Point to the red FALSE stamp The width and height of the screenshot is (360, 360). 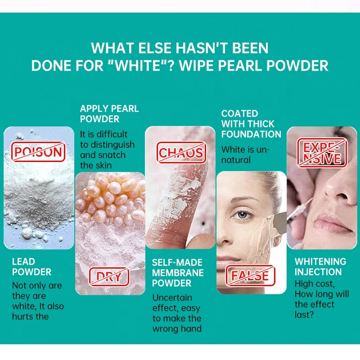251,275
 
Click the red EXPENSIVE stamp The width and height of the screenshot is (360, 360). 322,153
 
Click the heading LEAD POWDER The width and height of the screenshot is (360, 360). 31,267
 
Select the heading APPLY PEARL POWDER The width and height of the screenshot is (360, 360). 109,114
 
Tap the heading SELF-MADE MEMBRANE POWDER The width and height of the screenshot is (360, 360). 178,273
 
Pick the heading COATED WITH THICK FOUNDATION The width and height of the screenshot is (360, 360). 251,124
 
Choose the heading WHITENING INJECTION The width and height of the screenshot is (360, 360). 320,267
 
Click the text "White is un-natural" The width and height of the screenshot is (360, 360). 245,154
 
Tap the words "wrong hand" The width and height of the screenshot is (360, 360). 177,328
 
